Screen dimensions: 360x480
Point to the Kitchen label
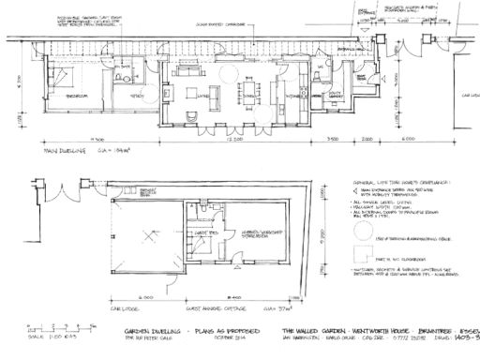pyautogui.click(x=282, y=93)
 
